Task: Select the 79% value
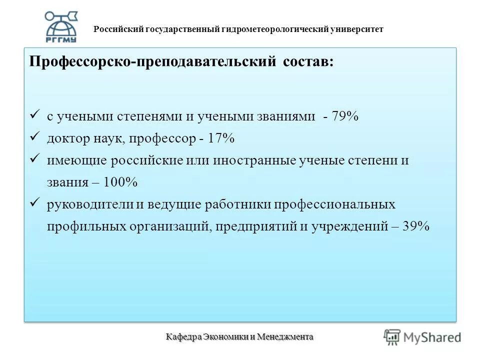tap(345, 116)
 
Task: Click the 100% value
tap(120, 182)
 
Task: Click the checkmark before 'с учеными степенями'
tap(34, 115)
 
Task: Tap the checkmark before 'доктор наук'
tap(34, 137)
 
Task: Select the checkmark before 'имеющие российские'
tap(34, 159)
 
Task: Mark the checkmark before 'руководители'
tap(34, 203)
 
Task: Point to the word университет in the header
tap(356, 29)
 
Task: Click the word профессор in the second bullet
tap(162, 138)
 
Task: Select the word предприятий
tap(258, 226)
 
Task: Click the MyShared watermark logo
tap(422, 337)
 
